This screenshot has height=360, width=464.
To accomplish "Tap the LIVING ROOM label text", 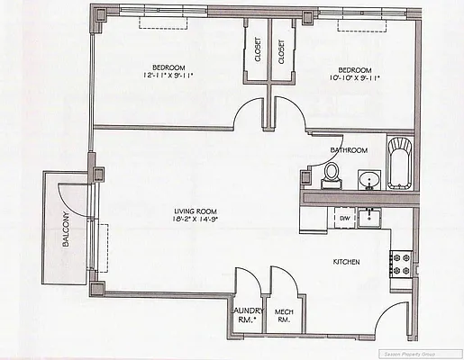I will [197, 212].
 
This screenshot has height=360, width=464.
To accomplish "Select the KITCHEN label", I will [347, 263].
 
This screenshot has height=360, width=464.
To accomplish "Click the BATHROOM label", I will [349, 150].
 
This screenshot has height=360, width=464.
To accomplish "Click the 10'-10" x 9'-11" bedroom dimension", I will [354, 78].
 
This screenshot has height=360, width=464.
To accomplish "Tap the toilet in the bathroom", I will [332, 173].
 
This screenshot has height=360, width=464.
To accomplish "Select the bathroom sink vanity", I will [368, 181].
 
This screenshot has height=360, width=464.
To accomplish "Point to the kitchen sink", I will [369, 217].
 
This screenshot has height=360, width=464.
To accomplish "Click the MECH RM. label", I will [285, 315].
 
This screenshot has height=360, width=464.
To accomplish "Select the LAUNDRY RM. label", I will [246, 315].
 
